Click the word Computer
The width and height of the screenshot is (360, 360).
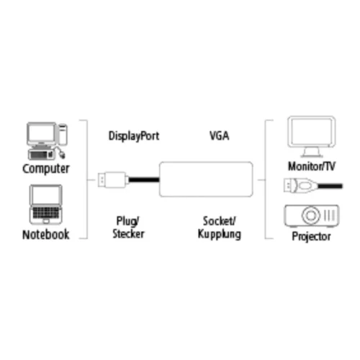coord(46,169)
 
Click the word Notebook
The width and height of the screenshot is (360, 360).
coord(45,235)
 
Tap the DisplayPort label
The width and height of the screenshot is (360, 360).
coord(133,135)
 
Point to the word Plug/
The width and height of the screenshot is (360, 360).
coord(127,221)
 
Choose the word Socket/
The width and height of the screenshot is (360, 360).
coord(220,221)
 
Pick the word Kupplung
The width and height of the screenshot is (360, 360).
coord(220,235)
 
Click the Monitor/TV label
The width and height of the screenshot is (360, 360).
coord(311,166)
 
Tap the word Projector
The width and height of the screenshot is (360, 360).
coord(311,236)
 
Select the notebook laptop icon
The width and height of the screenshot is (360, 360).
coord(45,206)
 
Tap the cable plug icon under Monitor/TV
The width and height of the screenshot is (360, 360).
coord(295,186)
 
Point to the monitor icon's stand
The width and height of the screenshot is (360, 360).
coord(310,152)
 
